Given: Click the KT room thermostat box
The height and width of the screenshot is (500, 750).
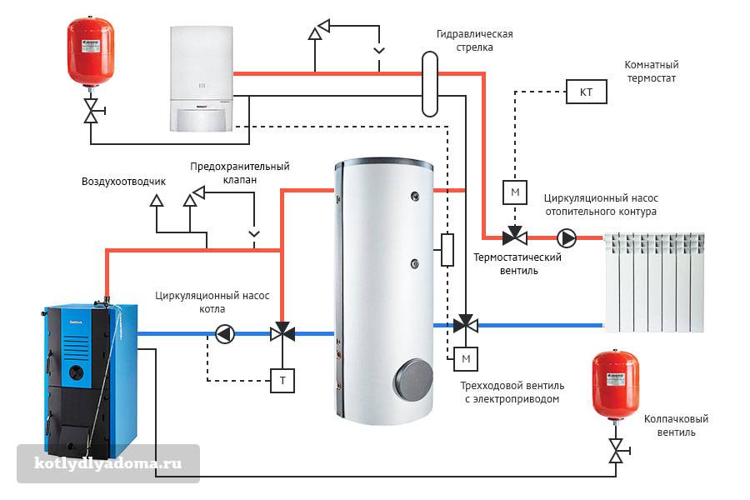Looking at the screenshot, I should (586, 92).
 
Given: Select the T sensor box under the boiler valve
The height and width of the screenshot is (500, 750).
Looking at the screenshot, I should (282, 381).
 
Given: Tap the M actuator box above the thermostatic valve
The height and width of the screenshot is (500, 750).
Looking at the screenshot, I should (514, 192).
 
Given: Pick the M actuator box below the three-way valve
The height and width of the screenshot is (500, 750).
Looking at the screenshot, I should (466, 359).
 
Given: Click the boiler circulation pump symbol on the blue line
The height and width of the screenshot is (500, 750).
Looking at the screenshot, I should (225, 334).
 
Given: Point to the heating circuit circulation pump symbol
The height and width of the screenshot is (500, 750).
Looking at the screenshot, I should (567, 238).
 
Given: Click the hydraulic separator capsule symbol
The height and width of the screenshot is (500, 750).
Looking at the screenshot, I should (430, 83).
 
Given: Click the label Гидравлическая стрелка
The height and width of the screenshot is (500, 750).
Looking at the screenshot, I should (474, 41).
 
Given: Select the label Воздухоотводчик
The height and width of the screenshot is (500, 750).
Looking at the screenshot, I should (124, 181).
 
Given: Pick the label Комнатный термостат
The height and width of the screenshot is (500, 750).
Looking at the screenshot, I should (651, 71).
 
